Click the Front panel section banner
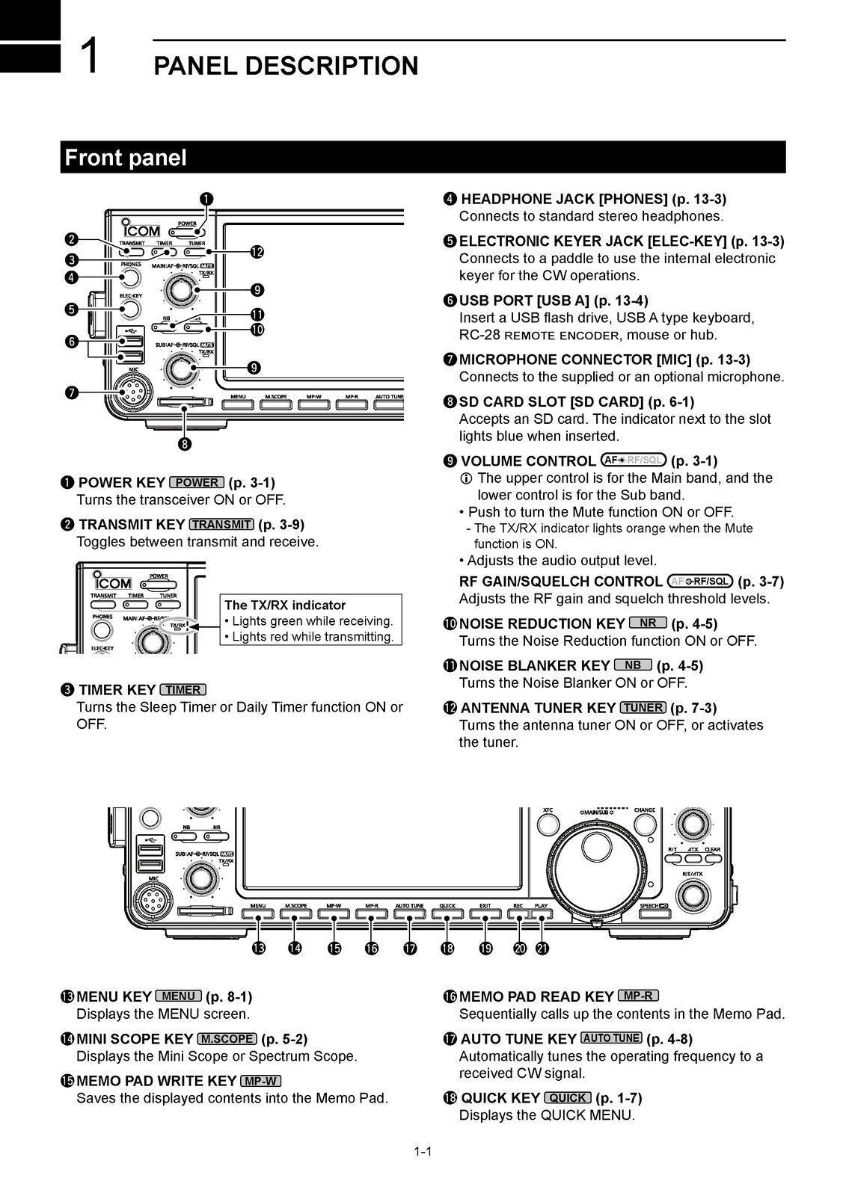click(423, 158)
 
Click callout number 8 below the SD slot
click(185, 444)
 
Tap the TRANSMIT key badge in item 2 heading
click(221, 525)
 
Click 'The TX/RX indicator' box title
click(285, 605)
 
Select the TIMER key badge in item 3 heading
click(183, 690)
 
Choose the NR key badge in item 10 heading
click(648, 623)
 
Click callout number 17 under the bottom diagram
click(409, 949)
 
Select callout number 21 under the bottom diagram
click(542, 949)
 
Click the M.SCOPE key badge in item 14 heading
click(227, 1039)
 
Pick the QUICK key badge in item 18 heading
click(568, 1098)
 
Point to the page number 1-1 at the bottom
click(423, 1152)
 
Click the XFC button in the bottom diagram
click(548, 823)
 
